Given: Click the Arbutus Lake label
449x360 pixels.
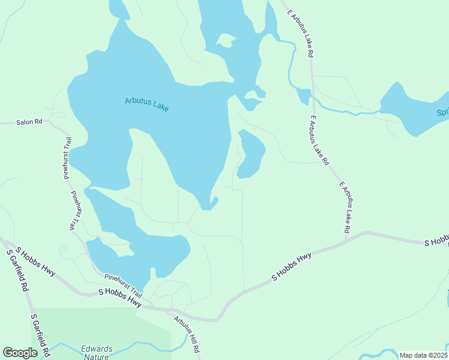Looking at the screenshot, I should [x=147, y=104].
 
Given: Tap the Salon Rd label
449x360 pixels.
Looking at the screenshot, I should [x=29, y=122].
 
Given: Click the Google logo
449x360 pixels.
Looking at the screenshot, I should [x=20, y=353].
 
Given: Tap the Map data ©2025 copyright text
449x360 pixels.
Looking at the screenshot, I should [x=423, y=355].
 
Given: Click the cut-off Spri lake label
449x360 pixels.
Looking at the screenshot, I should [x=442, y=112].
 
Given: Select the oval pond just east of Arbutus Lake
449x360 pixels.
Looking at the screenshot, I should [x=252, y=154].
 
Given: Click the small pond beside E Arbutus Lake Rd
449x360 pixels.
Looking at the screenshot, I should [x=304, y=95].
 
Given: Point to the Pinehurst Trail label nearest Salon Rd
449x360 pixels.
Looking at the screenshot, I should [x=67, y=158].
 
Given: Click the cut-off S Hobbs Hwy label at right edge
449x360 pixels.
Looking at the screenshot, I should [x=436, y=242].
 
